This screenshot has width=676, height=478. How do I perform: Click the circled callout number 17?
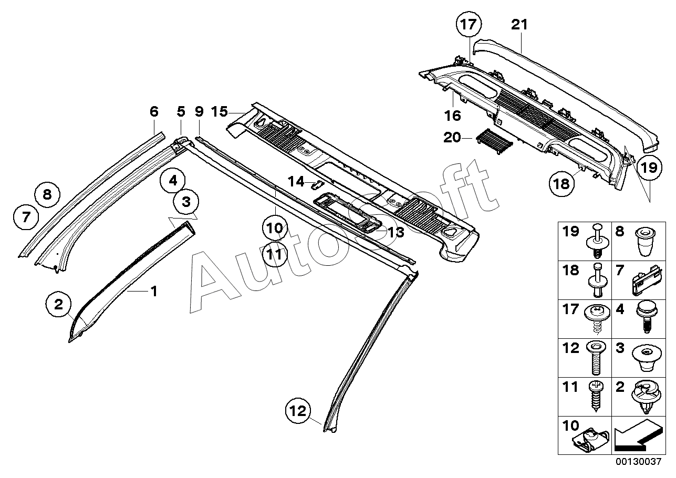coord(469,25)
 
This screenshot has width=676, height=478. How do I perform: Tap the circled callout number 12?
coord(298,411)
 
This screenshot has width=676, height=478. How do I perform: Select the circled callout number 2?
coord(58,304)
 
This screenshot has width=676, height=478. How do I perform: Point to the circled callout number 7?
coord(26,216)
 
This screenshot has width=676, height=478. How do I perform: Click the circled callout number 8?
coord(47,195)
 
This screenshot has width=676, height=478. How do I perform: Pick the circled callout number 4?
coord(173,181)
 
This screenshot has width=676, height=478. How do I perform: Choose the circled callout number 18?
coord(561,183)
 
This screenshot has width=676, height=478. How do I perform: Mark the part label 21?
coord(519,25)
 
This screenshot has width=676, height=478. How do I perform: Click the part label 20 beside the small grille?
coord(452,138)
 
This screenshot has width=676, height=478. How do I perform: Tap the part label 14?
coord(296,182)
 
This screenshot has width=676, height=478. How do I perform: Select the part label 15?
coord(220,112)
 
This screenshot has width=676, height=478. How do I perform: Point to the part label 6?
coord(154,112)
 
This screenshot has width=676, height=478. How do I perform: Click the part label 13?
coord(396,232)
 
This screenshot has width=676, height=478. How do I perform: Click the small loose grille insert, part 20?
coord(494,141)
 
